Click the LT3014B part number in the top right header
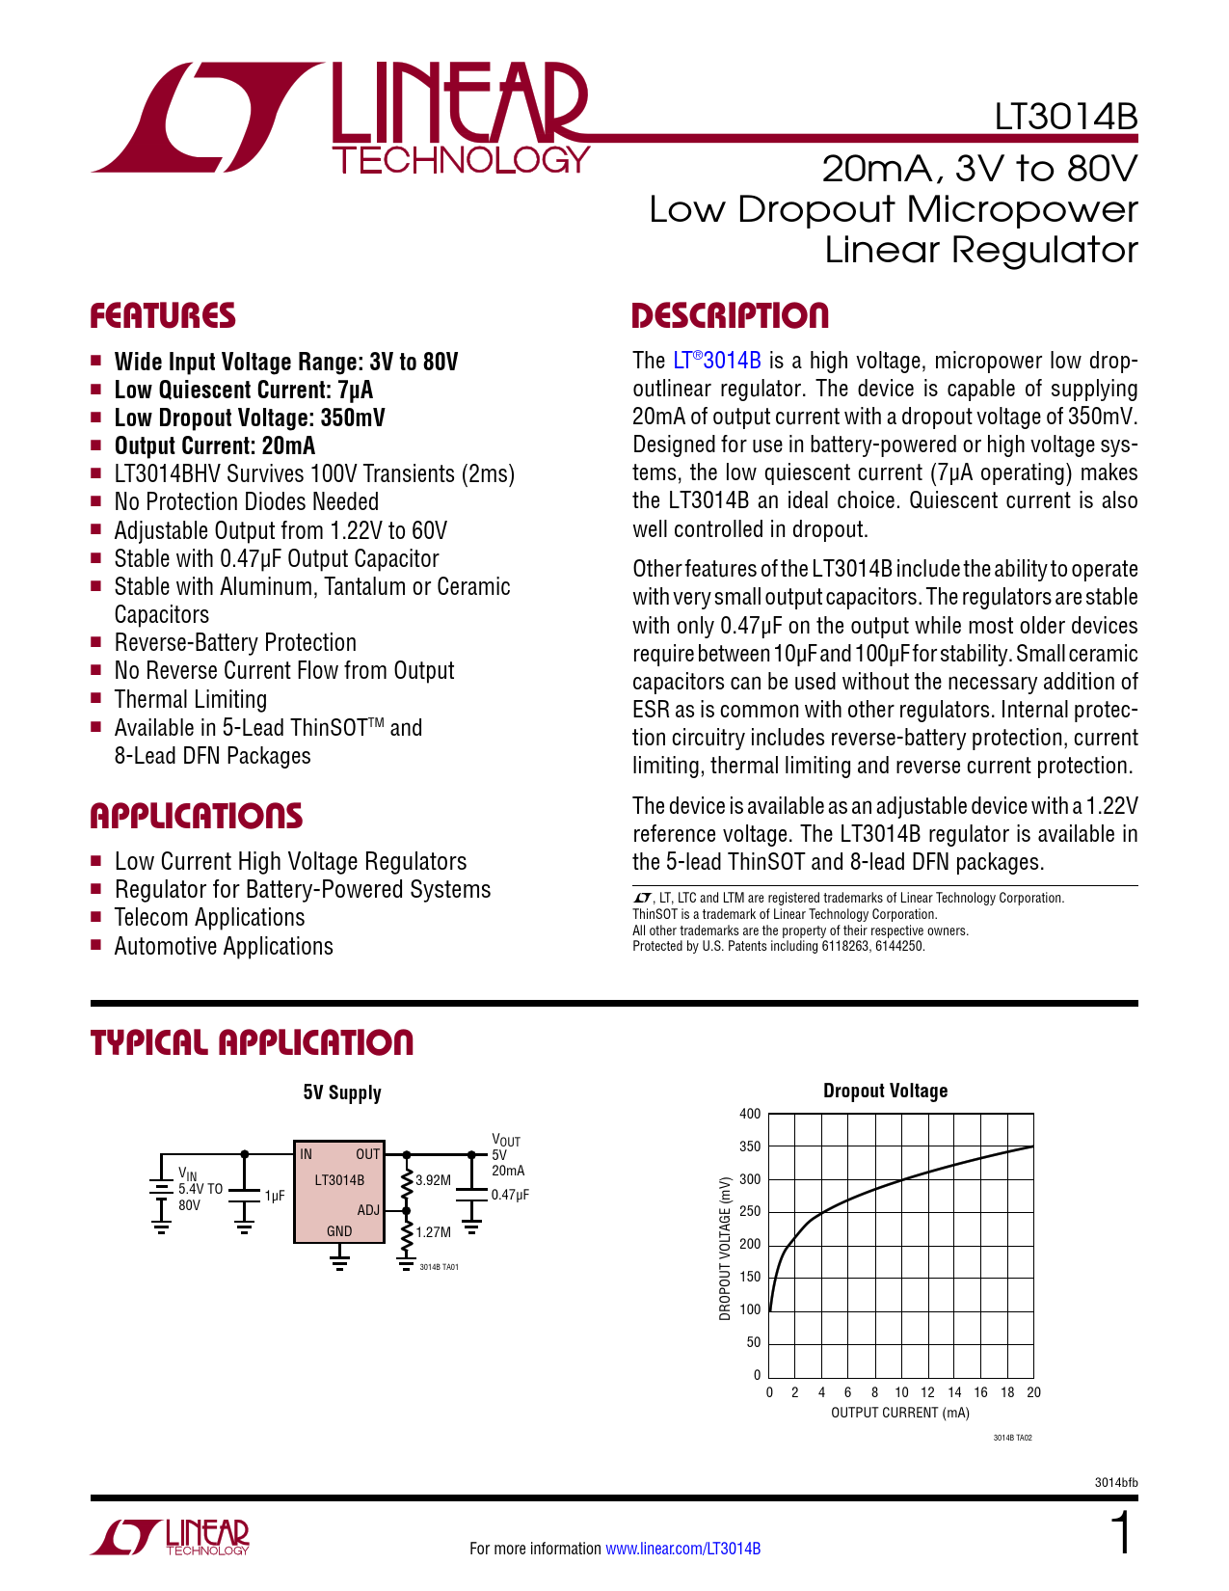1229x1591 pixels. pos(1065,117)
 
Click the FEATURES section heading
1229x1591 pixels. pos(163,315)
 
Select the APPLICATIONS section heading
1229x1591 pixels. pos(197,816)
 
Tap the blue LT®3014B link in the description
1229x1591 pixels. pos(716,361)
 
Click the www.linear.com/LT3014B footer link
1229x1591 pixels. pos(683,1548)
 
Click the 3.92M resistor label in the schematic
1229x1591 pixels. pos(434,1179)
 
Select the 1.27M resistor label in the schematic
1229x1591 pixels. pos(434,1231)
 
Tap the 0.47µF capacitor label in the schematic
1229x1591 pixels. pos(510,1195)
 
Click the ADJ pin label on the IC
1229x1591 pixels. pos(368,1209)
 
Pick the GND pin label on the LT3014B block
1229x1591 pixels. pos(339,1230)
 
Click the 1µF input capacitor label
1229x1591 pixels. pos(275,1196)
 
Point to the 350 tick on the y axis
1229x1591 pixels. pos(750,1146)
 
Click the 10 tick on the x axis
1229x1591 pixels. pos(901,1391)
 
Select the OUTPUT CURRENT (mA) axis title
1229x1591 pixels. pos(899,1413)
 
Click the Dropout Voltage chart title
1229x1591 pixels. pos(885,1091)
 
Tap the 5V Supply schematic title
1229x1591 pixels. pos(342,1092)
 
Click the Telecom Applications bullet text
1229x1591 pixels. pos(209,917)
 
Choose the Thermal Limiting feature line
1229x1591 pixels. pos(190,699)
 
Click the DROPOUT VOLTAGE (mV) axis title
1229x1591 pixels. pos(725,1249)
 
